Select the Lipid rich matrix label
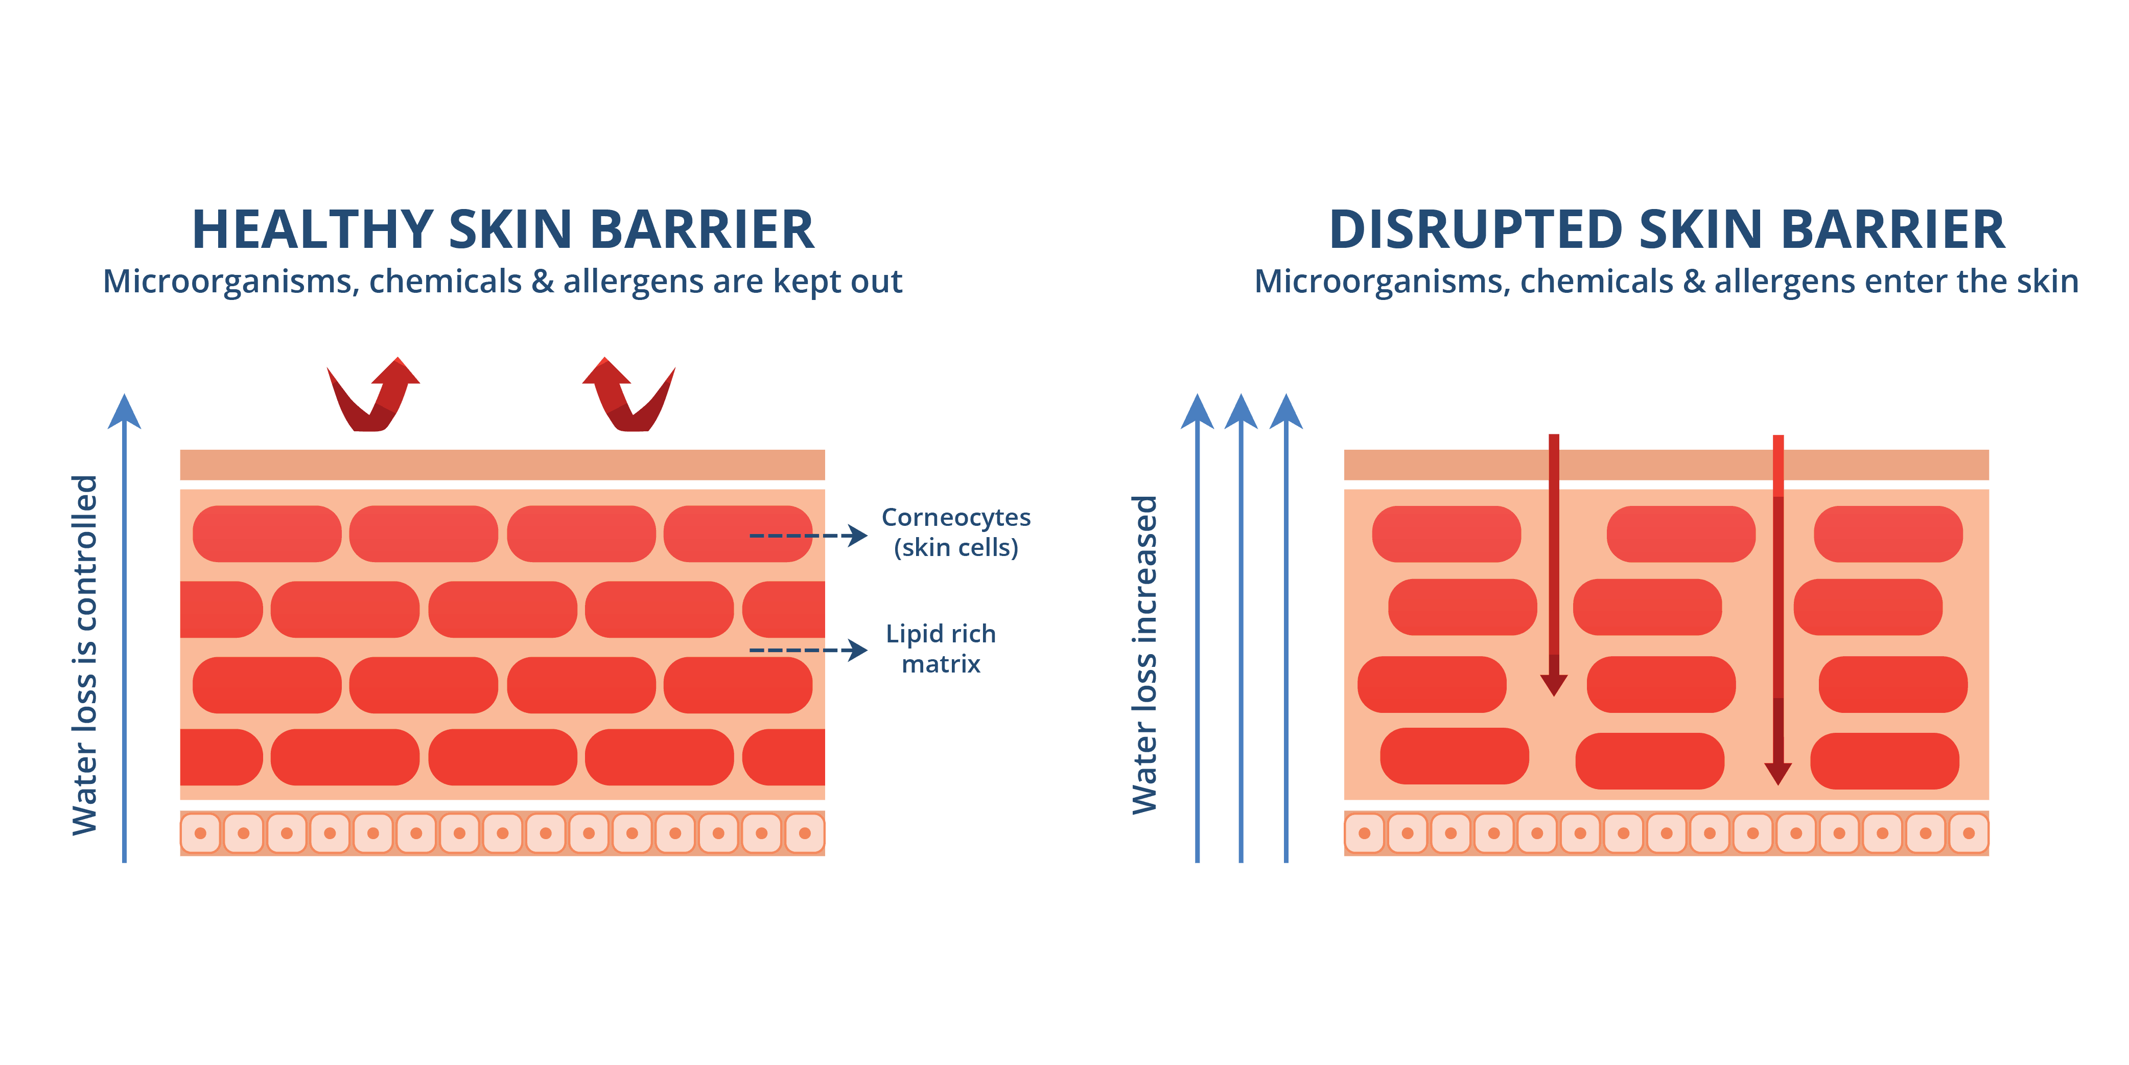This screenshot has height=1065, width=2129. click(941, 649)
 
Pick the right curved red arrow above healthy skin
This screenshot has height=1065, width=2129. click(630, 395)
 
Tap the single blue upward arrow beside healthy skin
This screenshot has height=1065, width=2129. click(125, 629)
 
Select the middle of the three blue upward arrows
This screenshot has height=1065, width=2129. click(1241, 629)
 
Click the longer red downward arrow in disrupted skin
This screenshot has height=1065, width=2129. click(1778, 612)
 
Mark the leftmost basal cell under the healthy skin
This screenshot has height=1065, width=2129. click(200, 832)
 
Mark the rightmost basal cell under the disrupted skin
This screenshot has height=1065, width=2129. click(1969, 832)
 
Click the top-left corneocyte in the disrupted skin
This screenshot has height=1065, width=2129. click(1446, 534)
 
